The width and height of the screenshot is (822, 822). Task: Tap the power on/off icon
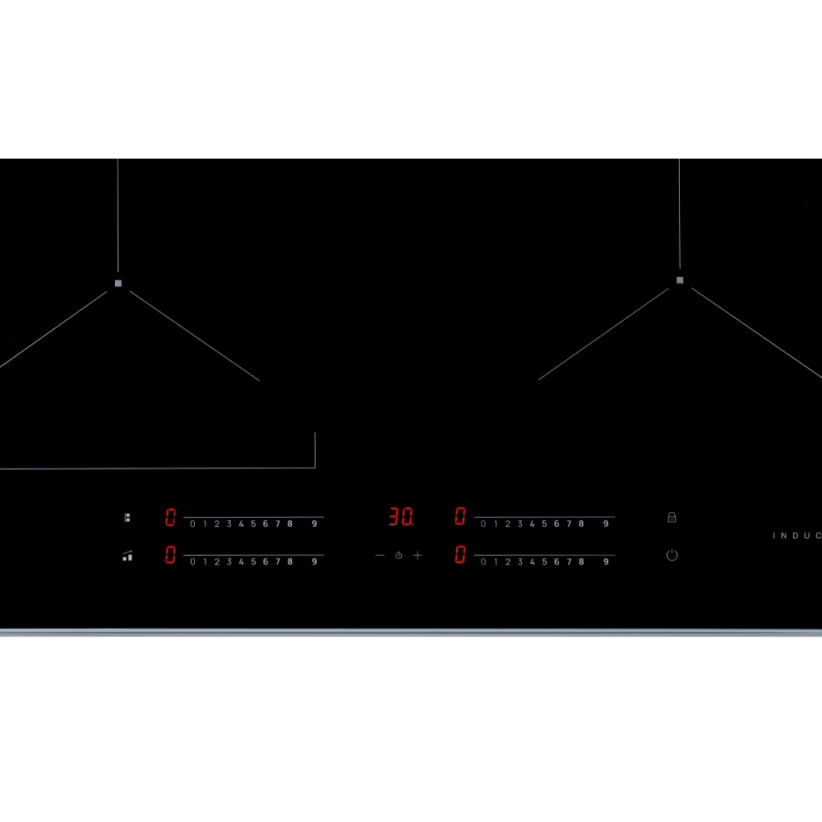pyautogui.click(x=672, y=556)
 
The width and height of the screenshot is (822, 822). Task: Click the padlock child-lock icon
pyautogui.click(x=672, y=517)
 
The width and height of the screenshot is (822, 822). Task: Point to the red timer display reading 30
pyautogui.click(x=400, y=517)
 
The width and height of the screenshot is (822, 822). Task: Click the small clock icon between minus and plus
pyautogui.click(x=399, y=556)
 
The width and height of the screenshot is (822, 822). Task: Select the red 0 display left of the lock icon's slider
pyautogui.click(x=460, y=517)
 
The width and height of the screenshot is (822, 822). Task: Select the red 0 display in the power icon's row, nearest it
pyautogui.click(x=460, y=555)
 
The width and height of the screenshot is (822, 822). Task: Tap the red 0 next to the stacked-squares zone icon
pyautogui.click(x=170, y=517)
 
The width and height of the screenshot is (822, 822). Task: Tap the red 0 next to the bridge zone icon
pyautogui.click(x=170, y=555)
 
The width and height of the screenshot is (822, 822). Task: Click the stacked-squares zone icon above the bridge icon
pyautogui.click(x=127, y=518)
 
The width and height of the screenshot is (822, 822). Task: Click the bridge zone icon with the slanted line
pyautogui.click(x=127, y=556)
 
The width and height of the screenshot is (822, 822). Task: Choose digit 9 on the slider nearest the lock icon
pyautogui.click(x=606, y=524)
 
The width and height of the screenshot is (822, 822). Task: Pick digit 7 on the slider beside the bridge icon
pyautogui.click(x=278, y=562)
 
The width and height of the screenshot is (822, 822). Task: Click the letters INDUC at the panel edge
pyautogui.click(x=797, y=536)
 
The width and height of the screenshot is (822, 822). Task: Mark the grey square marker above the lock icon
pyautogui.click(x=680, y=280)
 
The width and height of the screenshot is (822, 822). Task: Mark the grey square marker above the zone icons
pyautogui.click(x=118, y=283)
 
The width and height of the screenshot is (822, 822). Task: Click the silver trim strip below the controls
pyautogui.click(x=411, y=632)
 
